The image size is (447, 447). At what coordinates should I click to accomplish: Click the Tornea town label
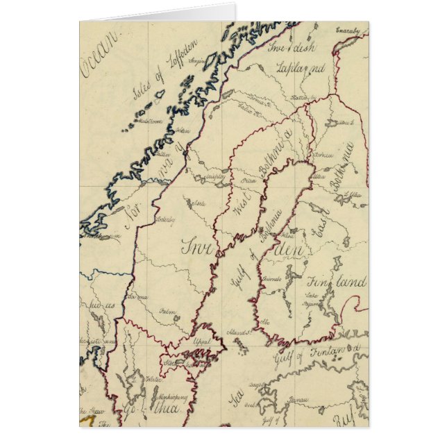(x=321, y=154)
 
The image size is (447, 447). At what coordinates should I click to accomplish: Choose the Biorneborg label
(x=272, y=278)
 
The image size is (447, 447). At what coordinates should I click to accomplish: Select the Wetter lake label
(x=153, y=380)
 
